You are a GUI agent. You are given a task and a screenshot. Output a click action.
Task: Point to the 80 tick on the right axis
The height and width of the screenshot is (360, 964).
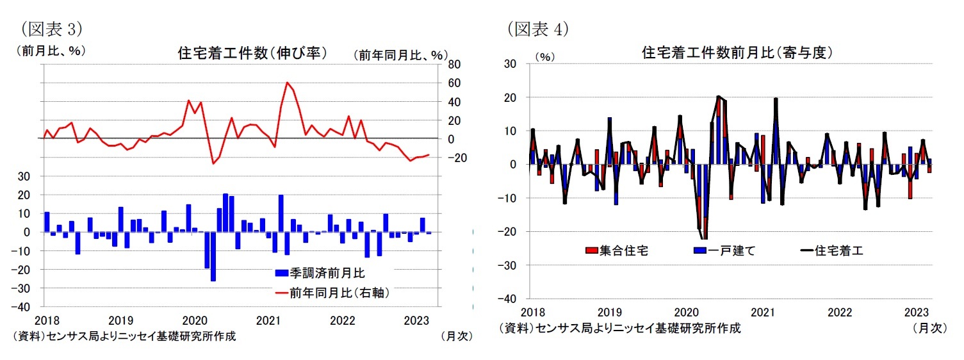453,65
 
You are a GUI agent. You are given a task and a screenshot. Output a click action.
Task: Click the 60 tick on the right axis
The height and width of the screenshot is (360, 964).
453,83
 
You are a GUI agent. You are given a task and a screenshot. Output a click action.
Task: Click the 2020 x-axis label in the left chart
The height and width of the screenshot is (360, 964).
193,320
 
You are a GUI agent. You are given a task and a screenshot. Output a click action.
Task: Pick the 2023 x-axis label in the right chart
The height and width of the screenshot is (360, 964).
917,312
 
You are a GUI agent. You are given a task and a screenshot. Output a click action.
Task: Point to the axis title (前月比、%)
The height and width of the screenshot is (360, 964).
50,51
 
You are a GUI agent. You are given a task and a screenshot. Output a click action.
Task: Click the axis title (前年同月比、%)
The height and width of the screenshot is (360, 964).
400,56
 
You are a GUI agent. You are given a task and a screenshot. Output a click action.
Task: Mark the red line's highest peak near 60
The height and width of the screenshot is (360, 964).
287,83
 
